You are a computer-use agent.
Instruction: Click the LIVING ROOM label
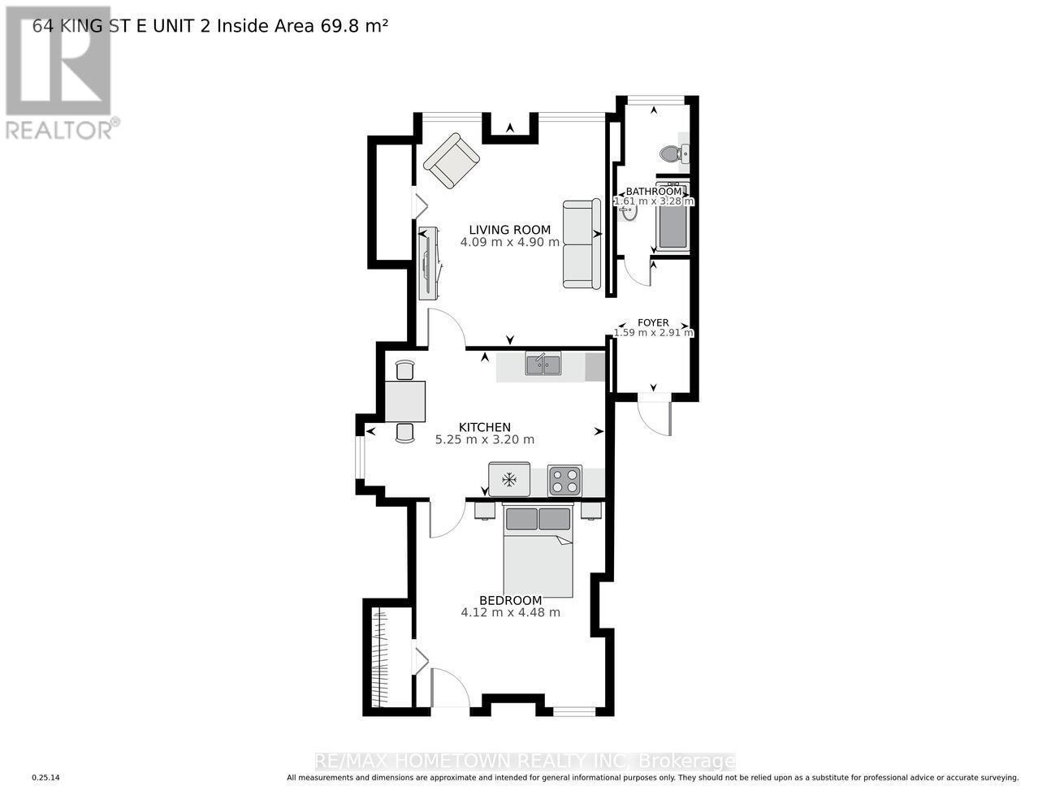(509, 230)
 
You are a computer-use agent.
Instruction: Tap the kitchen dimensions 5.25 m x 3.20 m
(485, 440)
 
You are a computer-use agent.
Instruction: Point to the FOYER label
(653, 322)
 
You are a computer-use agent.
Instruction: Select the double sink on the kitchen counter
(543, 364)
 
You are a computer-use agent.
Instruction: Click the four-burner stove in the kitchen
(564, 480)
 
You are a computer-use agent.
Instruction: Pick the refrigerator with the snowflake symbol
(509, 480)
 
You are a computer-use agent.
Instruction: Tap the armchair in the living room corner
(451, 161)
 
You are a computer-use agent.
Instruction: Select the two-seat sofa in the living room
(582, 244)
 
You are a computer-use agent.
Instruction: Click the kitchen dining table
(404, 401)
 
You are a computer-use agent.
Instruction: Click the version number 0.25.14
(45, 778)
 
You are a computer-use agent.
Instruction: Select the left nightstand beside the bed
(484, 511)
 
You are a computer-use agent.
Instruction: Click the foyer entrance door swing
(655, 417)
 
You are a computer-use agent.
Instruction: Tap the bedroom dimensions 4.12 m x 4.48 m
(510, 613)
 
